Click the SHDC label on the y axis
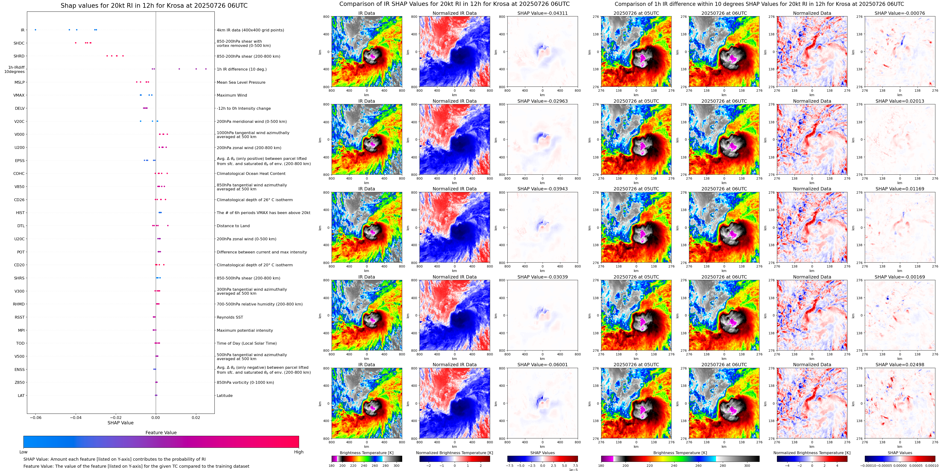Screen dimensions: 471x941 pos(19,43)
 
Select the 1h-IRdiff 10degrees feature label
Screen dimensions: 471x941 pos(15,69)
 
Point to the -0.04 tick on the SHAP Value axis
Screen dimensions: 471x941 pos(76,417)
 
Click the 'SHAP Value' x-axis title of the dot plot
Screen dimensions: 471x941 pos(120,423)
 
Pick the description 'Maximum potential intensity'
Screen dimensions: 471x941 pos(245,330)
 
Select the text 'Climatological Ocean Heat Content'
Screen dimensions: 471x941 pos(251,173)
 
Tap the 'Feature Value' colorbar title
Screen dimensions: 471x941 pos(161,433)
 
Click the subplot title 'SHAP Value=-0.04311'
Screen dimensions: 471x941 pos(543,13)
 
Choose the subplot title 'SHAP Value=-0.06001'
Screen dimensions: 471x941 pos(543,365)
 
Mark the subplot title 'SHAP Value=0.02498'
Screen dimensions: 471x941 pos(900,365)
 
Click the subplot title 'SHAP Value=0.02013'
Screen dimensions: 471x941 pos(900,101)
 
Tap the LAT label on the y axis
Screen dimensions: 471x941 pos(21,395)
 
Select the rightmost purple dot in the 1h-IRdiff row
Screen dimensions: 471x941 pos(206,69)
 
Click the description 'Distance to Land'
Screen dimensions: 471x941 pos(233,226)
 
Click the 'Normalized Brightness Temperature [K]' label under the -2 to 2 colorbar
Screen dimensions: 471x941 pos(454,453)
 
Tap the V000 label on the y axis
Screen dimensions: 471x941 pos(19,135)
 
